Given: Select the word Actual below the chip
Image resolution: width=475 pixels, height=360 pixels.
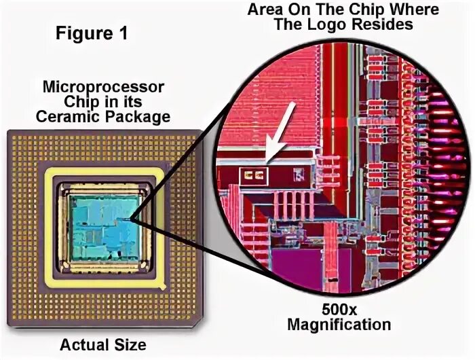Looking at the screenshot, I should (x=80, y=344).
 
